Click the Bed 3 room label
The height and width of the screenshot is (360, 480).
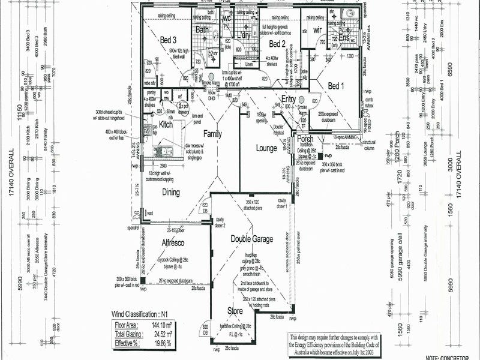coord(168,40)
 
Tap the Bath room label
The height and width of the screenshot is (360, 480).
coord(202,29)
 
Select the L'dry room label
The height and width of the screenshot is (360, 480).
coord(244,36)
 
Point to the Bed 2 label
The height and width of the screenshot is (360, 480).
coord(277,44)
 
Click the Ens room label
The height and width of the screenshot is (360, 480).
coord(344,38)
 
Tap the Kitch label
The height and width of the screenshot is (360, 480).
coord(166,125)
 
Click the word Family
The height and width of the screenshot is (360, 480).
coord(212,133)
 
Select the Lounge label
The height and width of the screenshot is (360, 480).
coord(266,148)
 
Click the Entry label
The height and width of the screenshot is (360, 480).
coord(289,99)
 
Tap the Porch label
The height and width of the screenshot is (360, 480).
coord(305,139)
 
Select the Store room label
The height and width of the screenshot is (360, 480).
coord(235,311)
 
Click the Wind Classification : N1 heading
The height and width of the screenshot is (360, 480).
coord(140,314)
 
